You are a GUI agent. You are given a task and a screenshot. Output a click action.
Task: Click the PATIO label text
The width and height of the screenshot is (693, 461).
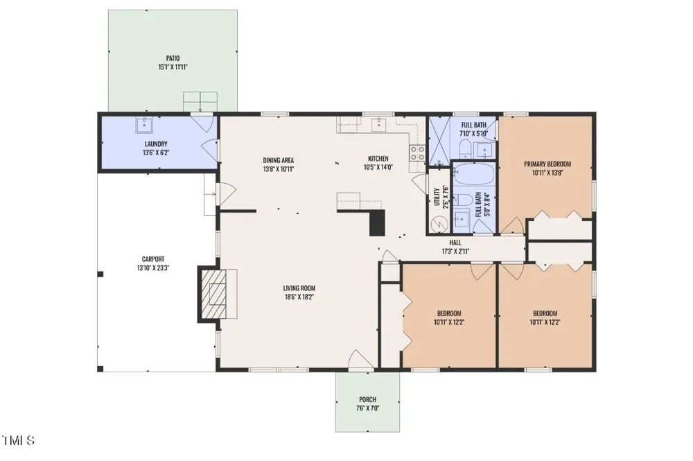coord(173,58)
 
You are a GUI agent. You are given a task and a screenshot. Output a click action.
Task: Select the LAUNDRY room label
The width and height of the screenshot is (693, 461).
coord(156,143)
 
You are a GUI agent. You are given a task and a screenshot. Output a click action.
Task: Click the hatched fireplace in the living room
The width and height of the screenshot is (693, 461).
coord(214,293)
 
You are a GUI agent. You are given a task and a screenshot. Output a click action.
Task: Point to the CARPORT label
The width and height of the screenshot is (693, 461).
coord(153,259)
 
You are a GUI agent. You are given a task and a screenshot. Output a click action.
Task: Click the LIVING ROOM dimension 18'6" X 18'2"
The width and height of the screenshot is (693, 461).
coord(299,297)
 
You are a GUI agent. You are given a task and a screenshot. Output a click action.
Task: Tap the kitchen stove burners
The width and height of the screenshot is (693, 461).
coord(417,153)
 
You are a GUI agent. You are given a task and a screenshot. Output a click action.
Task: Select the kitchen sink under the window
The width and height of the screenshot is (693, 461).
coord(379,124)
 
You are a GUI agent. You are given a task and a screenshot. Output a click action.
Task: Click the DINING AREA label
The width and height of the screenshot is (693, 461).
coord(279,160)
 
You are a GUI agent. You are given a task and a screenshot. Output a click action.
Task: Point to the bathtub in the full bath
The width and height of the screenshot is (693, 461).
coord(474,175)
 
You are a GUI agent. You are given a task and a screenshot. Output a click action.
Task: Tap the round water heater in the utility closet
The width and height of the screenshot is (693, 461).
coord(440,224)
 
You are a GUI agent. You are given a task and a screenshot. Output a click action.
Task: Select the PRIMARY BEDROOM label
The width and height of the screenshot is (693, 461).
coord(547,164)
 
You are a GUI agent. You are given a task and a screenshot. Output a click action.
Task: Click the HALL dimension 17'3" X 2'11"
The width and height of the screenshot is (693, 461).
coord(456,252)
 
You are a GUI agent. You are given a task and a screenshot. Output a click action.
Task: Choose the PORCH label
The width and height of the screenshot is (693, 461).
coord(368,399)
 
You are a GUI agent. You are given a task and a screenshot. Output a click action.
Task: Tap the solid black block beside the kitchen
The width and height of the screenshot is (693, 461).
coord(378,223)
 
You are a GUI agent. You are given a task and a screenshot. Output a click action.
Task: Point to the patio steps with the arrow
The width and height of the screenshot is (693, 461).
coord(200,102)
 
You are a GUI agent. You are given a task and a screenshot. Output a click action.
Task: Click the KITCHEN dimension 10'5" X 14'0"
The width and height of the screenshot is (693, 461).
coord(378,168)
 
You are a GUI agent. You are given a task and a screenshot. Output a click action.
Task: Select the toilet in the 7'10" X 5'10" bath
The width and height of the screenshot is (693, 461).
coord(465,149)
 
